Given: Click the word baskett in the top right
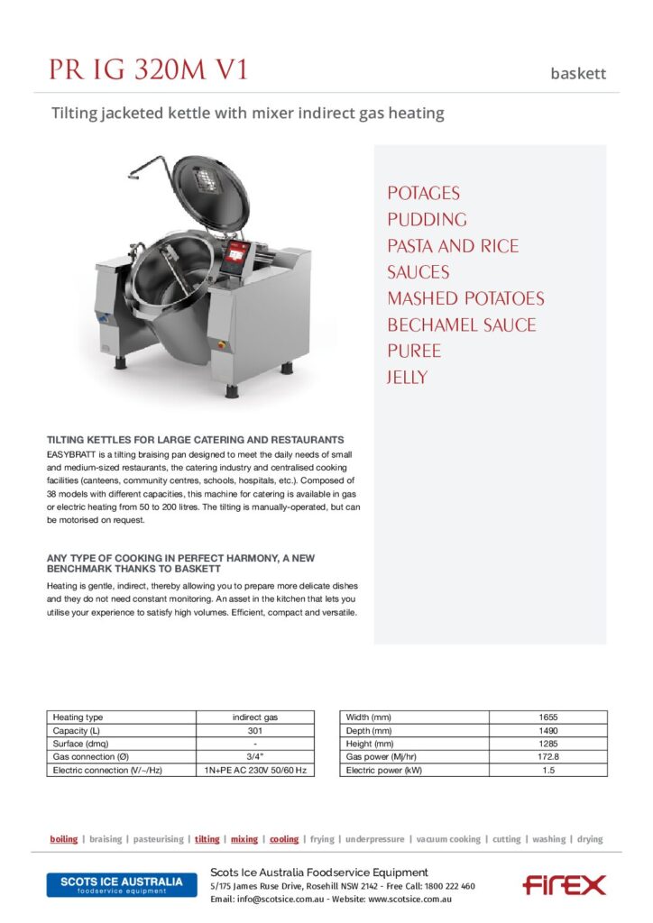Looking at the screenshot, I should point(578,74).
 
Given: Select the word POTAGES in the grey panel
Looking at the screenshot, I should point(423,193).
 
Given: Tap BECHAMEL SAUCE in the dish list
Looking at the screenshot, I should point(461,324).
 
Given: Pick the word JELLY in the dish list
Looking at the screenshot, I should point(407,377).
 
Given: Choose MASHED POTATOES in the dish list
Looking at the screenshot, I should point(465,298).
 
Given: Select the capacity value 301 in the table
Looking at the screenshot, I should point(255,730).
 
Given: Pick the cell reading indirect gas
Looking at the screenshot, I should point(255,717).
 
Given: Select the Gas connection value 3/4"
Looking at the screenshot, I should point(255,757).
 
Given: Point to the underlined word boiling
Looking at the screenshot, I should point(63,839).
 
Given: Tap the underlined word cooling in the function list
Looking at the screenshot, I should point(284,839).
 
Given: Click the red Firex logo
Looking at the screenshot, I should point(564,885).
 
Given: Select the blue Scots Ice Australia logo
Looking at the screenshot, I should point(121,884).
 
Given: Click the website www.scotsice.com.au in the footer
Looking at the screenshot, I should point(409,900).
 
